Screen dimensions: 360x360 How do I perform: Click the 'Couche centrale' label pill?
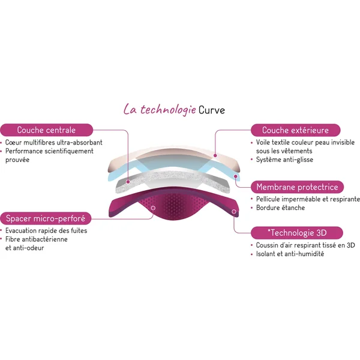point(47,130)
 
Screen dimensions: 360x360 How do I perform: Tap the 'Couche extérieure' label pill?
point(295,130)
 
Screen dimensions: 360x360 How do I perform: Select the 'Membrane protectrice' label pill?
point(297,187)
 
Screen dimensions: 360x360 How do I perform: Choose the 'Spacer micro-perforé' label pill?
point(46,218)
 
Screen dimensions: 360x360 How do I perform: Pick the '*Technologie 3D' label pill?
point(297,233)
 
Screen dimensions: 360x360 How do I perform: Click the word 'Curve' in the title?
point(212,110)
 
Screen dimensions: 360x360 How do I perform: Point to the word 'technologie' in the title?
point(168,110)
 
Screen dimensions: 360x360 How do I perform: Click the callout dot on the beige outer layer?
point(215,155)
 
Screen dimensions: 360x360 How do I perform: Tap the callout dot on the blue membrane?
point(235,176)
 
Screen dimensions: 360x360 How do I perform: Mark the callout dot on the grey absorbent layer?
point(128,182)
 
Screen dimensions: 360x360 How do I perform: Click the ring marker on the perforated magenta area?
point(153,208)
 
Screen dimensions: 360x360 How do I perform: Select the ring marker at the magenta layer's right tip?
point(234,211)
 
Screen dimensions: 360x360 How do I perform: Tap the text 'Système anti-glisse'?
point(284,160)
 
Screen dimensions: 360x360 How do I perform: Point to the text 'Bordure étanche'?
point(280,208)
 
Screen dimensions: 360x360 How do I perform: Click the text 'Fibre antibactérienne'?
point(37,239)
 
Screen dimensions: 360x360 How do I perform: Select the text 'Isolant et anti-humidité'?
point(290,254)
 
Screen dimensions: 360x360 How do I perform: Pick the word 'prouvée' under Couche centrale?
point(17,160)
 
